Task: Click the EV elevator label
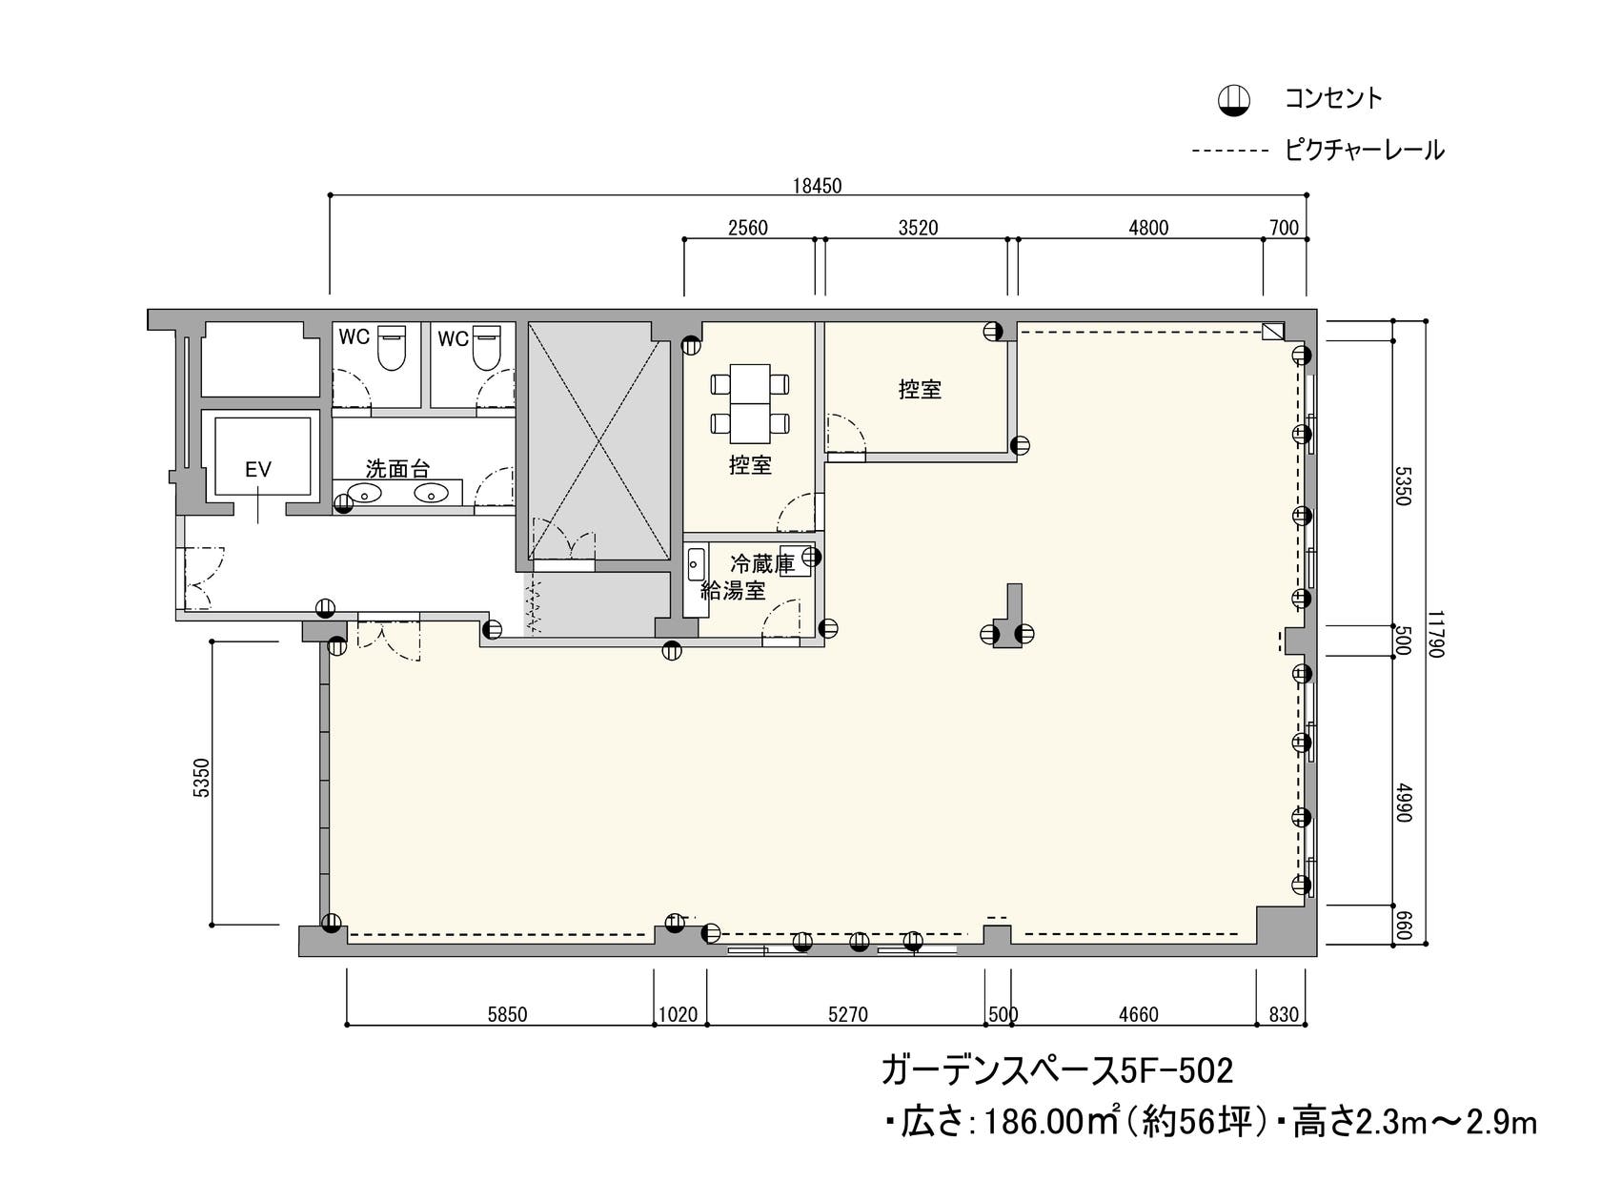pyautogui.click(x=258, y=469)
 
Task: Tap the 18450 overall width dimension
pyautogui.click(x=818, y=186)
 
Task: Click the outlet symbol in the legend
pyautogui.click(x=1234, y=99)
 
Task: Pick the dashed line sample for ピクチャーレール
pyautogui.click(x=1229, y=151)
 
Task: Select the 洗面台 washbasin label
pyautogui.click(x=397, y=469)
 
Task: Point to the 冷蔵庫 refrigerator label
pyautogui.click(x=761, y=563)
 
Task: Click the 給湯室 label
pyautogui.click(x=733, y=591)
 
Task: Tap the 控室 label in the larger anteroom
pyautogui.click(x=920, y=389)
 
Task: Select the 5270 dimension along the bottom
pyautogui.click(x=847, y=1014)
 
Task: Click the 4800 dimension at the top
pyautogui.click(x=1148, y=228)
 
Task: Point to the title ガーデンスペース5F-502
pyautogui.click(x=1057, y=1070)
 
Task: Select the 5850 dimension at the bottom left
pyautogui.click(x=507, y=1014)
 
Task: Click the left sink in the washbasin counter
pyautogui.click(x=364, y=494)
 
